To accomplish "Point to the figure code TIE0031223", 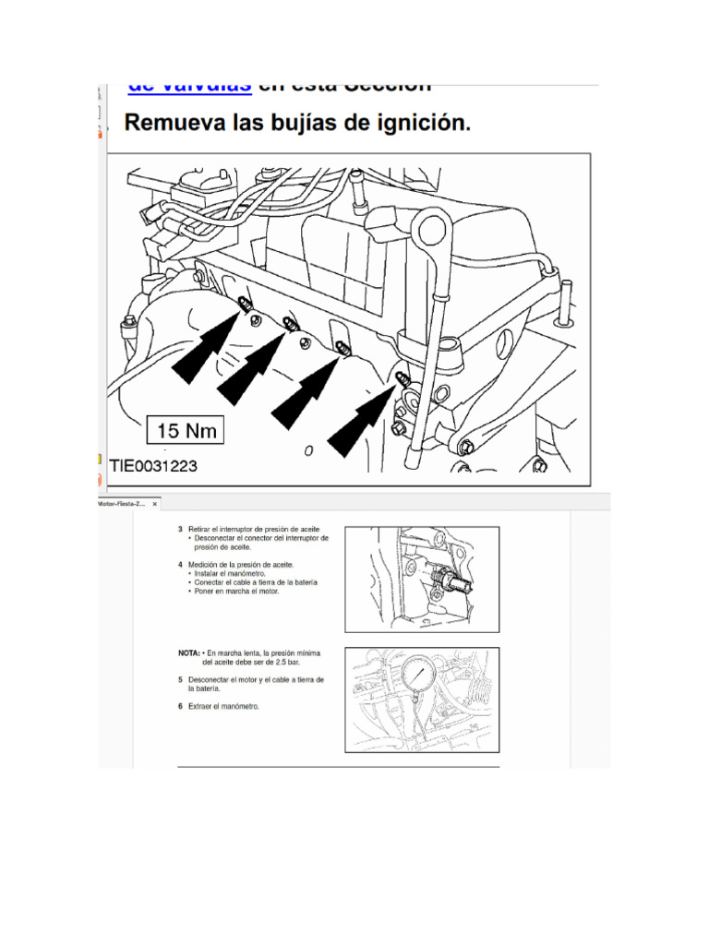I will tap(153, 466).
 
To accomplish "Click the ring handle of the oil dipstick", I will tap(432, 226).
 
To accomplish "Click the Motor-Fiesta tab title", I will tap(122, 504).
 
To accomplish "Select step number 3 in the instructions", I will tap(181, 530).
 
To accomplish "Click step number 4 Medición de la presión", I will tap(240, 563).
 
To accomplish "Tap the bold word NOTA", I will tap(188, 652).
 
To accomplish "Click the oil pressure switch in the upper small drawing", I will tap(450, 581).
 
